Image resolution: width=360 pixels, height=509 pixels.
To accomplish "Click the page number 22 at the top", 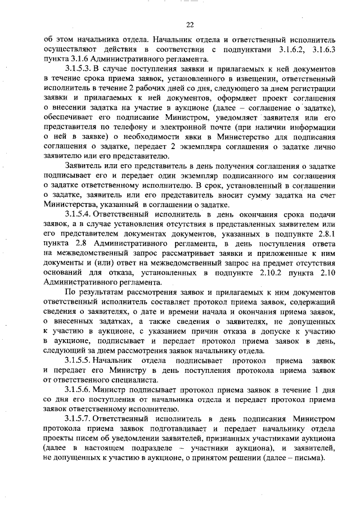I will (x=189, y=24).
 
